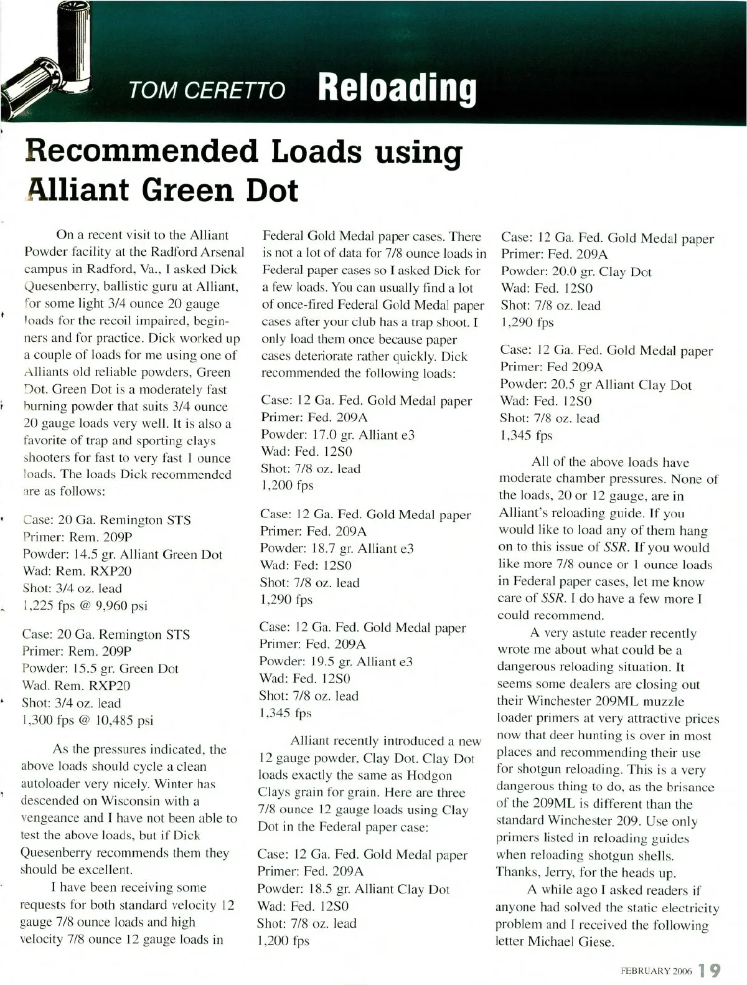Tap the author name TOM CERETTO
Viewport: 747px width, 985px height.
pyautogui.click(x=207, y=91)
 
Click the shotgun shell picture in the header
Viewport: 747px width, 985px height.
pyautogui.click(x=47, y=62)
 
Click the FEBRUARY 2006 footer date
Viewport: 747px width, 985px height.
pyautogui.click(x=655, y=971)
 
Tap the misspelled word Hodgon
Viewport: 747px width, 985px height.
pyautogui.click(x=430, y=775)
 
